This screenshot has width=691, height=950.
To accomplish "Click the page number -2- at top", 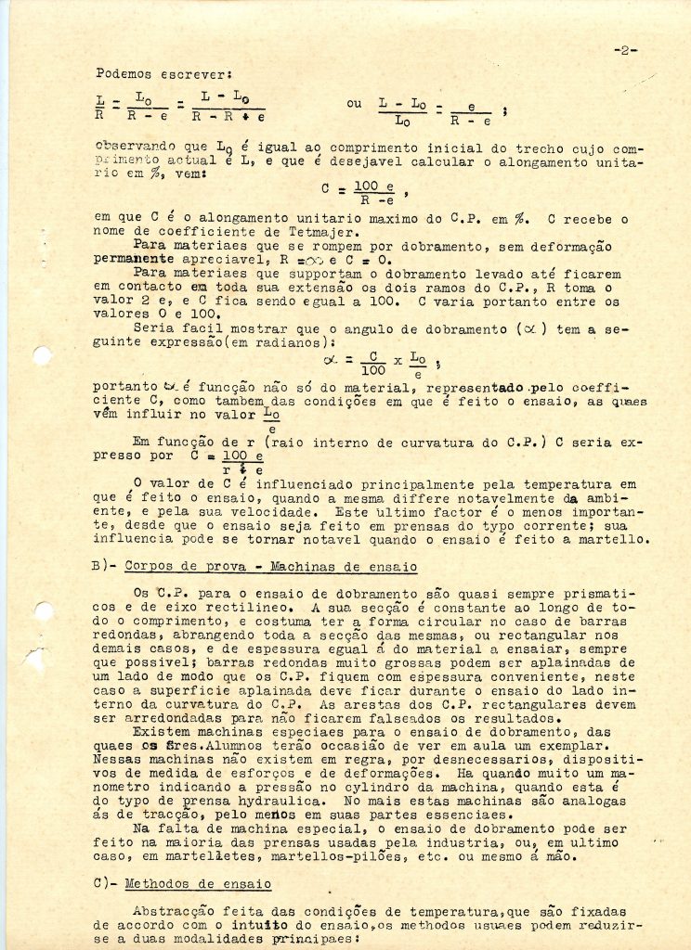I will tap(626, 50).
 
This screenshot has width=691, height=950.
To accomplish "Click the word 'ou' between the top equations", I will tap(354, 104).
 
